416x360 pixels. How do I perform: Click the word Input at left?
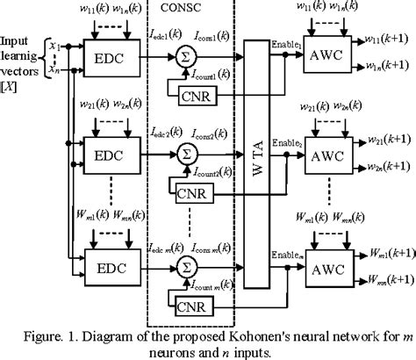(17, 40)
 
